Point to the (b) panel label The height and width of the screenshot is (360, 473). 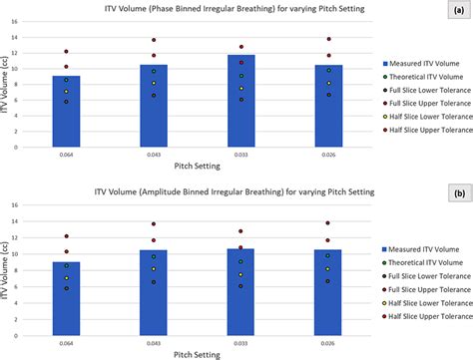click(455, 191)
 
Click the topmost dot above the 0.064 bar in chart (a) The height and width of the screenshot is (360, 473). click(66, 52)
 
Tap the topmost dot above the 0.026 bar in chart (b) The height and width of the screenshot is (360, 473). click(328, 223)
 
